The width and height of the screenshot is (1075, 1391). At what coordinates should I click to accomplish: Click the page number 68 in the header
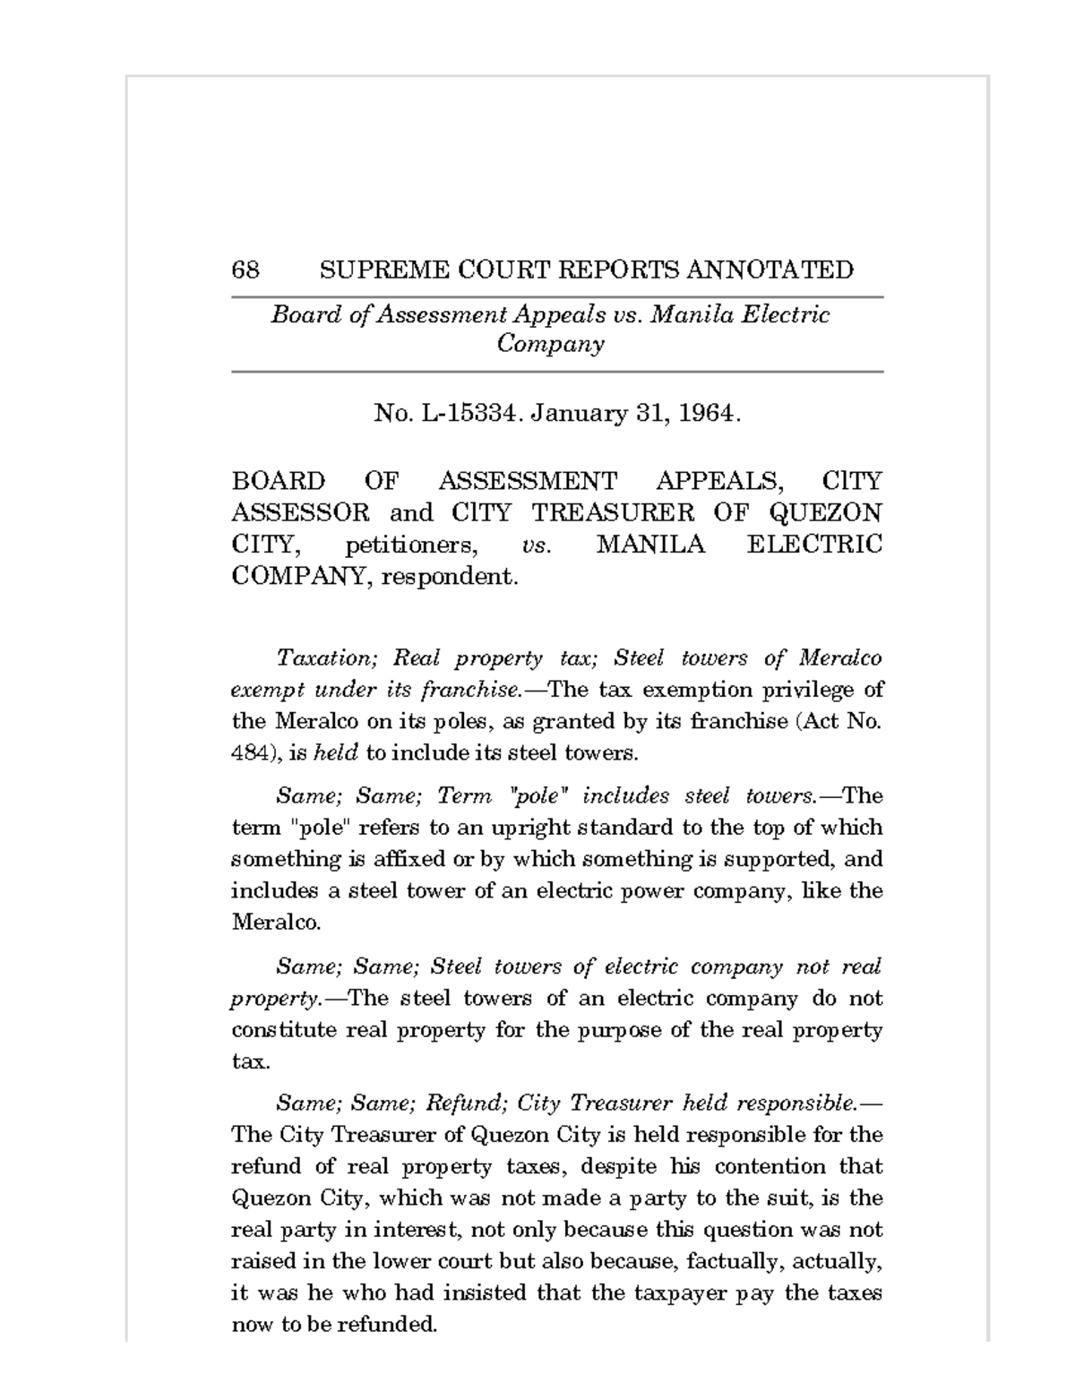pos(245,270)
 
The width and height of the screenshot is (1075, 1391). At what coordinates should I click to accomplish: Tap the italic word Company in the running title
pos(550,344)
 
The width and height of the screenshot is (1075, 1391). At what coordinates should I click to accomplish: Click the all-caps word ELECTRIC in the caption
pos(814,545)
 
